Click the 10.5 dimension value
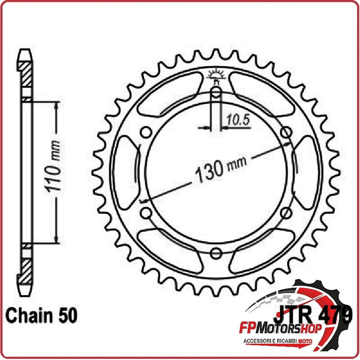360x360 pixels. click(238, 120)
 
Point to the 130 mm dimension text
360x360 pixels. click(221, 169)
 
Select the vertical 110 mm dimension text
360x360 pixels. click(53, 166)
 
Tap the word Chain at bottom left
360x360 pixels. click(29, 316)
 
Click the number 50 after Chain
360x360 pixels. click(68, 316)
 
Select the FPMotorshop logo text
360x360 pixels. click(280, 329)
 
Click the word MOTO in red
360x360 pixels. click(305, 341)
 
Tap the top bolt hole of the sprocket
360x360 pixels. click(216, 93)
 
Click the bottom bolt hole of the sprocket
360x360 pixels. click(216, 253)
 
